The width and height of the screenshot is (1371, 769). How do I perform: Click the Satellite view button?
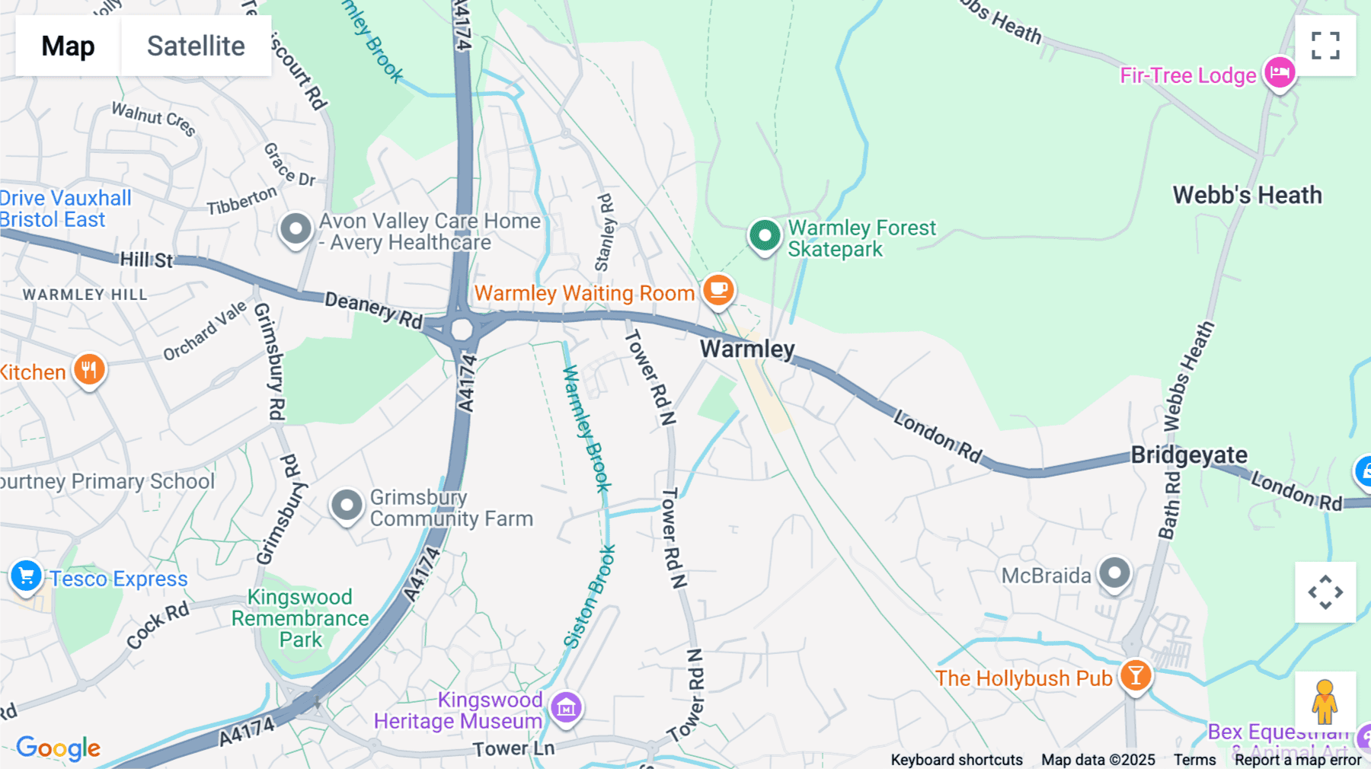coord(196,46)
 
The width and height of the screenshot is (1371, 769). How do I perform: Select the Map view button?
coord(68,46)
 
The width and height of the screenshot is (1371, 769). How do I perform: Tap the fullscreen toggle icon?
coord(1325,46)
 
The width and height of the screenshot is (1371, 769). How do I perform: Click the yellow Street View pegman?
coord(1325,701)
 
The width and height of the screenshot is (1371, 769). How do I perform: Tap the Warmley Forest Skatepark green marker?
coord(764,235)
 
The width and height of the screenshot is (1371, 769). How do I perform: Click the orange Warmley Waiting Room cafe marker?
coord(717,290)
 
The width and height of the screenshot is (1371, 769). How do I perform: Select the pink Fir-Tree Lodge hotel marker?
coord(1280,73)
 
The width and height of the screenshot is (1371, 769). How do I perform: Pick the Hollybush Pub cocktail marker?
coord(1135,675)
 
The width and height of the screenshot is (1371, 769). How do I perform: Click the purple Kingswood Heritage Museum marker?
coord(566,708)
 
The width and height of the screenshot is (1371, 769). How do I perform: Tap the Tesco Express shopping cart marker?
coord(26,576)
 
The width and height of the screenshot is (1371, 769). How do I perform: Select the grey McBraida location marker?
coord(1114,573)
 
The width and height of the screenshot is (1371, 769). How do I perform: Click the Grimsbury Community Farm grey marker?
coord(347,505)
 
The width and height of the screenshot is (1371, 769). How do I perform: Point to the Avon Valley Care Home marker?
coord(296,228)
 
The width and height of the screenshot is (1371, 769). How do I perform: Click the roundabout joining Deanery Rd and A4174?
coord(462,330)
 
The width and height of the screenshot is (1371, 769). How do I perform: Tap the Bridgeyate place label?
coord(1188,455)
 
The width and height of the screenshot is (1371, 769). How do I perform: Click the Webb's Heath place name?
coord(1247,195)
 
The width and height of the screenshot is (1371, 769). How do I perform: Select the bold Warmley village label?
coord(746,349)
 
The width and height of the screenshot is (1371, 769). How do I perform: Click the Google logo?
coord(58,748)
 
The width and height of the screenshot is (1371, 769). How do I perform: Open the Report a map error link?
coord(1298,760)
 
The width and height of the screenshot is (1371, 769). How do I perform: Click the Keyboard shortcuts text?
coord(957,760)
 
